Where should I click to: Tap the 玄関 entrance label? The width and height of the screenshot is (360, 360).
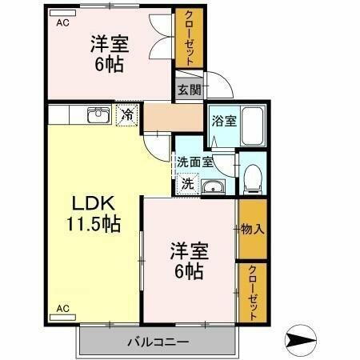pyautogui.click(x=189, y=89)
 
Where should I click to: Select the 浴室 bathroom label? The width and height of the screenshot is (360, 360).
pyautogui.click(x=223, y=122)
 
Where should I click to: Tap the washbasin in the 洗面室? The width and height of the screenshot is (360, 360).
pyautogui.click(x=211, y=186)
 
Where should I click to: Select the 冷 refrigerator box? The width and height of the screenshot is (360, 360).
pyautogui.click(x=127, y=115)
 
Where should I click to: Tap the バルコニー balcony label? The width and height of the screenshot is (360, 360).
pyautogui.click(x=158, y=343)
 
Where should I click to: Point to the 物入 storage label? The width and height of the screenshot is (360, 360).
pyautogui.click(x=252, y=230)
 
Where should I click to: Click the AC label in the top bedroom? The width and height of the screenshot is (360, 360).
pyautogui.click(x=62, y=23)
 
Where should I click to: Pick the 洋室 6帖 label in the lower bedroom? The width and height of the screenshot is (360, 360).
pyautogui.click(x=190, y=261)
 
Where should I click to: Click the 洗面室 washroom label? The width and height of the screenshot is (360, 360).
pyautogui.click(x=195, y=161)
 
